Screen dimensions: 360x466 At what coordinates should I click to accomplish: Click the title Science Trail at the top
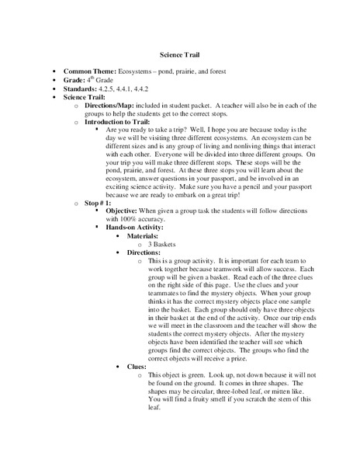point(180,55)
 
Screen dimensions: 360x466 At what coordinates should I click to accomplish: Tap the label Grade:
point(75,80)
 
